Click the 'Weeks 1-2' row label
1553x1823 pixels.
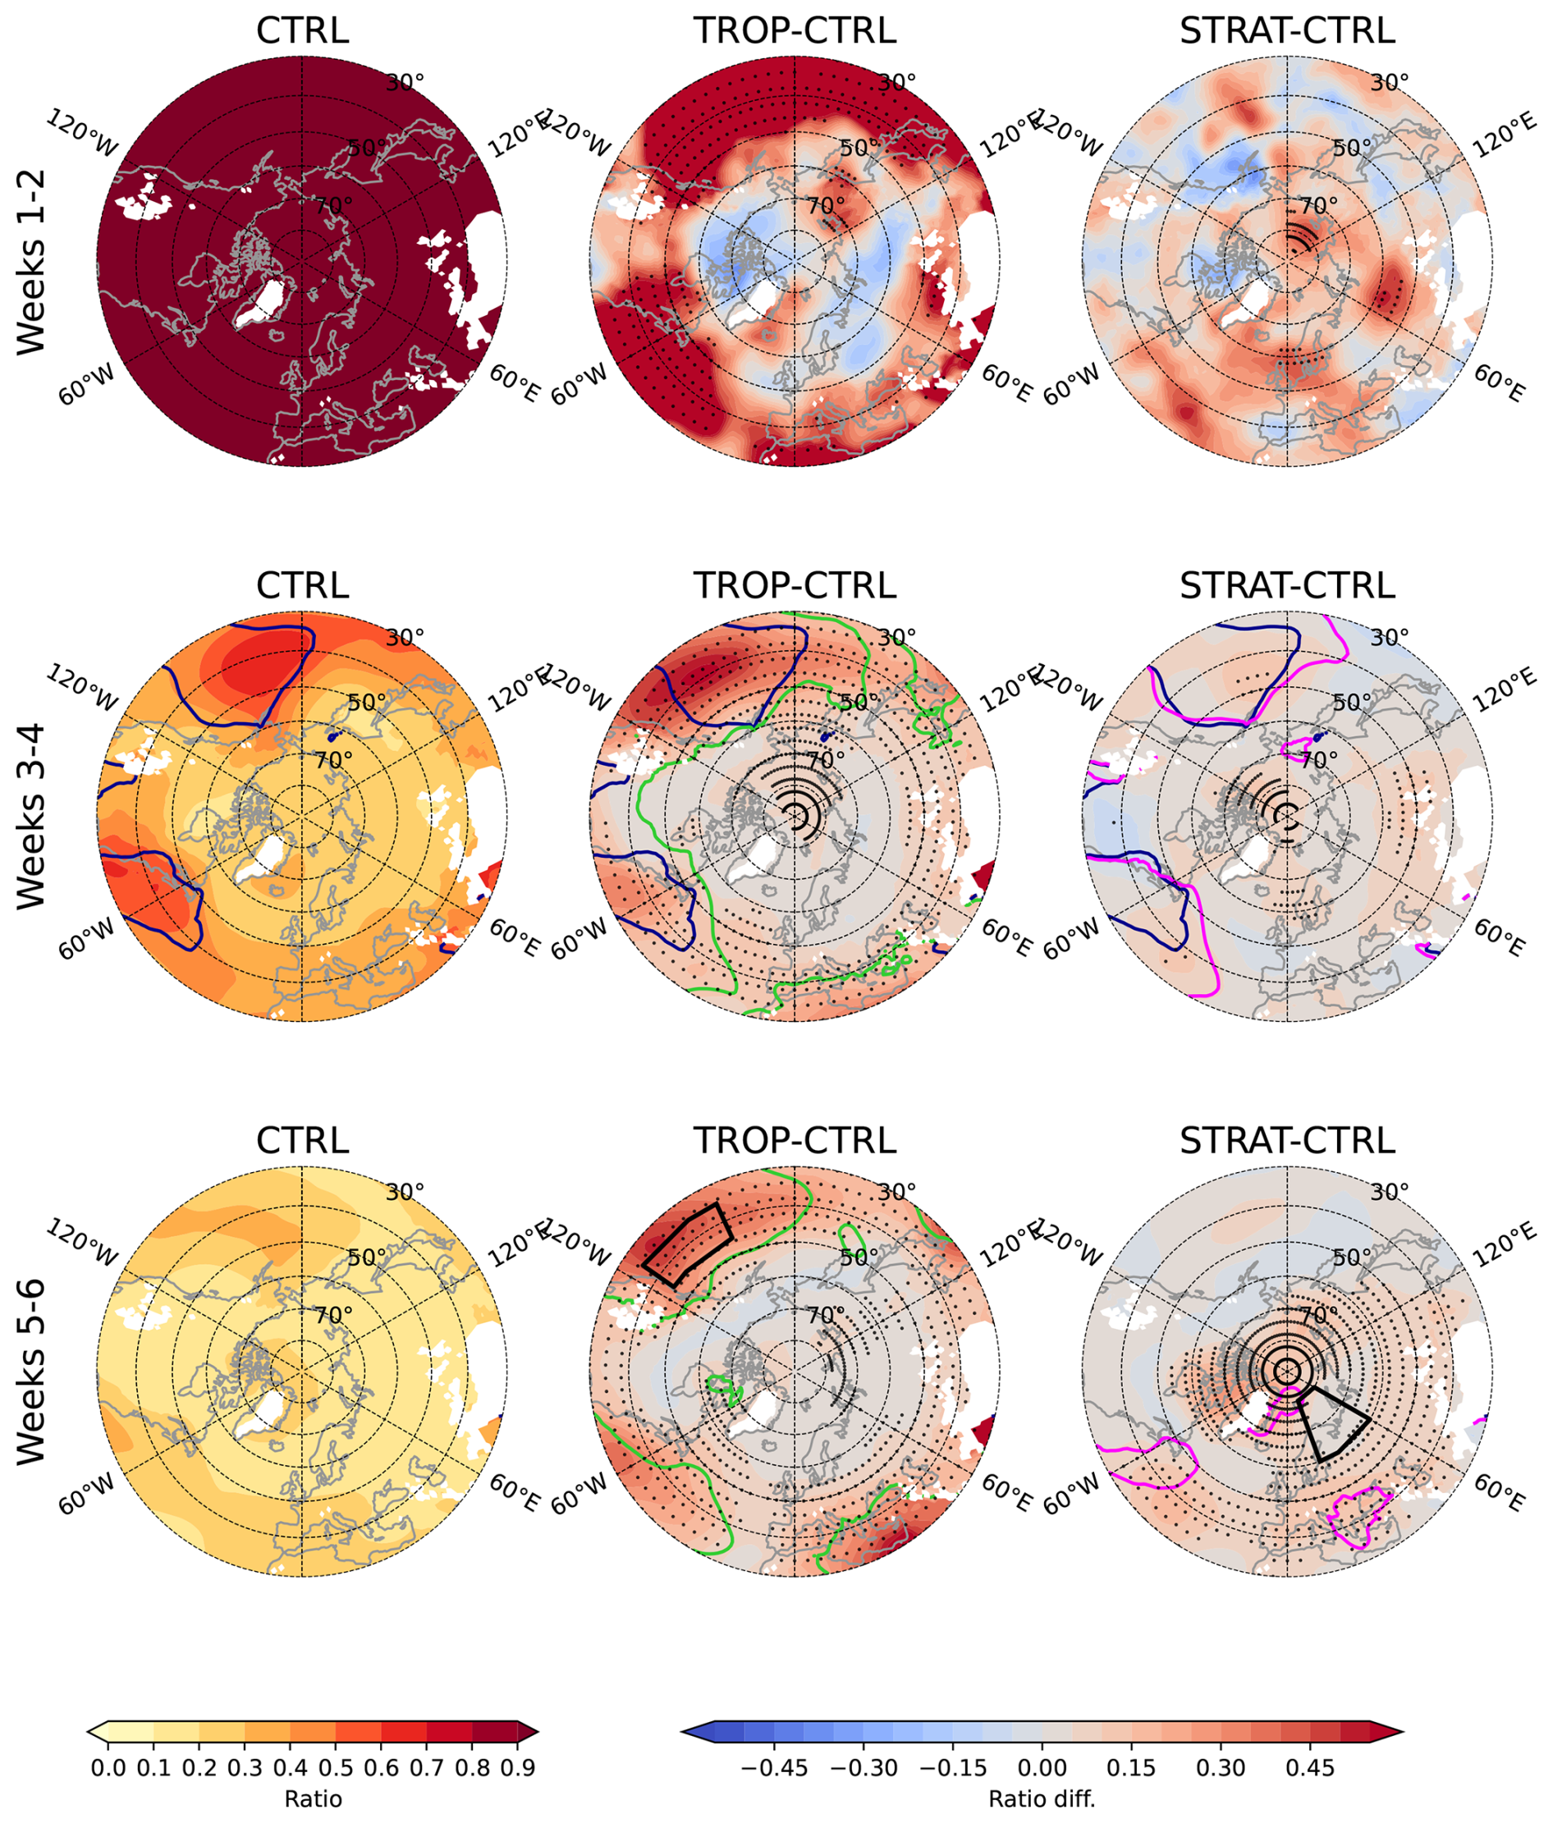click(x=32, y=262)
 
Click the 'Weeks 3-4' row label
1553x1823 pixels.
click(x=32, y=817)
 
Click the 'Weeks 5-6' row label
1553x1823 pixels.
click(x=32, y=1372)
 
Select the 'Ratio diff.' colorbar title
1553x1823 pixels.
click(x=1042, y=1798)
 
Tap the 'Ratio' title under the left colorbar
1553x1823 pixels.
click(x=314, y=1798)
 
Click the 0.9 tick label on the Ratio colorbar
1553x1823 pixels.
click(x=517, y=1767)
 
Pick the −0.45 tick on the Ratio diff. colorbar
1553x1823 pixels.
click(x=773, y=1767)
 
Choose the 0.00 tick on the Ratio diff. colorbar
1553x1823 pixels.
click(x=1042, y=1767)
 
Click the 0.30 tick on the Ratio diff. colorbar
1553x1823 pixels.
click(x=1221, y=1767)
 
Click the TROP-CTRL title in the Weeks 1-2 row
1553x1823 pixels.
click(x=795, y=31)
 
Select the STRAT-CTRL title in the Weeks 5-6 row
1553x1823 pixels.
click(x=1286, y=1140)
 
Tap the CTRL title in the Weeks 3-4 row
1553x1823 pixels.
click(x=302, y=586)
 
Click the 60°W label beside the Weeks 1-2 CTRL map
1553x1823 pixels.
click(x=86, y=385)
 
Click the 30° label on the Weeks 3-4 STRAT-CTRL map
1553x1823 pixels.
click(x=1390, y=637)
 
